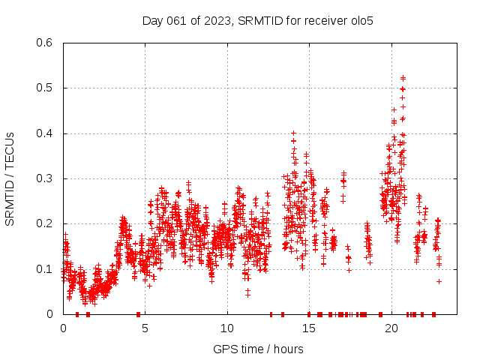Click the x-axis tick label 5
145,329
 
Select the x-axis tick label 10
227,329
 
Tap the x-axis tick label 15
310,329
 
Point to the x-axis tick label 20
391,329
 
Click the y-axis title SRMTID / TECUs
10,178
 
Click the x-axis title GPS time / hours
258,349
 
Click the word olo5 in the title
361,21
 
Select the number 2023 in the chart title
218,21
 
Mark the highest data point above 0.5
403,77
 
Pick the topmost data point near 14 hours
293,133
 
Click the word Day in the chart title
153,21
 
